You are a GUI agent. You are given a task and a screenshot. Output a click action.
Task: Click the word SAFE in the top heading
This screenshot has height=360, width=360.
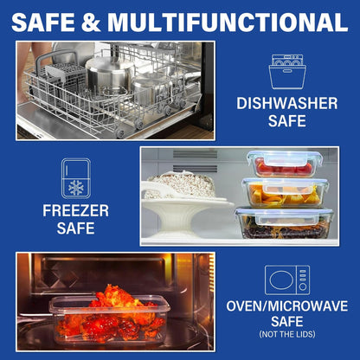[x=43, y=22]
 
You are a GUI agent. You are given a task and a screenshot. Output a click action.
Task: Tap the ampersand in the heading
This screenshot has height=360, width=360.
[x=91, y=22]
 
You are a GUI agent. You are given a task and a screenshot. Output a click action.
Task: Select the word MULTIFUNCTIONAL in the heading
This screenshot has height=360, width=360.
[x=228, y=22]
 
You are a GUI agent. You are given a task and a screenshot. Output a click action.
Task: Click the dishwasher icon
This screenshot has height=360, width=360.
[x=287, y=72]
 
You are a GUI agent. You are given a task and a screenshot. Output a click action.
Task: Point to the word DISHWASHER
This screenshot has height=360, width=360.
[x=287, y=103]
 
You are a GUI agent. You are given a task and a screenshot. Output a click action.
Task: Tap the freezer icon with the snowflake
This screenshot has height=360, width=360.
[x=76, y=178]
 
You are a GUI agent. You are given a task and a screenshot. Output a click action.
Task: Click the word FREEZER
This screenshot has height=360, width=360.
[x=76, y=210]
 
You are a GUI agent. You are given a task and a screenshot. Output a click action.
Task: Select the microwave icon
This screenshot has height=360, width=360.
[x=287, y=280]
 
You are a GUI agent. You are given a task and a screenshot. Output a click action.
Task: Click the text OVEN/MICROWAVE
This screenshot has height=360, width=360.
[x=287, y=306]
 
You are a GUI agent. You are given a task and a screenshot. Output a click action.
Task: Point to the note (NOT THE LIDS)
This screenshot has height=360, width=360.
[x=287, y=334]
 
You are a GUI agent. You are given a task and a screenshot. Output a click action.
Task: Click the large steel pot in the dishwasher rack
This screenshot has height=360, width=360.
[x=110, y=74]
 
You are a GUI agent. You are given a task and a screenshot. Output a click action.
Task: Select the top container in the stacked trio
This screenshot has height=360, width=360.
[x=285, y=163]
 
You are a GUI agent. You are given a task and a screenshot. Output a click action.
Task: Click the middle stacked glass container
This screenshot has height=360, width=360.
[x=285, y=192]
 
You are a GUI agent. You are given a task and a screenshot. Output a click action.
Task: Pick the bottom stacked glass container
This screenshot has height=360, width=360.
[x=285, y=222]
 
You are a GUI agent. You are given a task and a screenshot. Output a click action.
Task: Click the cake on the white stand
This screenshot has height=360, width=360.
[x=180, y=184]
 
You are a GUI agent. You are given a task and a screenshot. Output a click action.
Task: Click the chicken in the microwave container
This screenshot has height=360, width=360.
[x=111, y=313]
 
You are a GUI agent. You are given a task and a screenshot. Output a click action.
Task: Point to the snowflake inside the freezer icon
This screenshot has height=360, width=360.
[x=76, y=188]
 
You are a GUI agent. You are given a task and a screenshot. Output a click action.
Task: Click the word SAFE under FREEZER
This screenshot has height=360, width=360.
[x=76, y=228]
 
